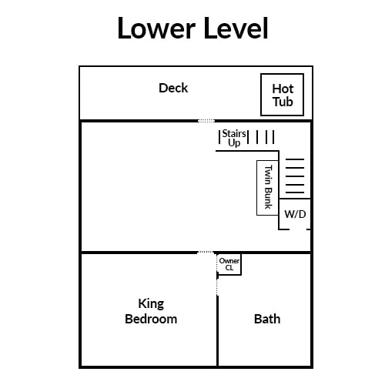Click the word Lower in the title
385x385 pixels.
tap(156, 28)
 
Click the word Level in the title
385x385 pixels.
tap(236, 28)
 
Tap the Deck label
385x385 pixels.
tap(173, 88)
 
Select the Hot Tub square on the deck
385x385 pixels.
tap(282, 95)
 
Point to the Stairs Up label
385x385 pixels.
tap(234, 138)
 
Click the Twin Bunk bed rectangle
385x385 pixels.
tap(267, 188)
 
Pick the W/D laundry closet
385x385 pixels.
tap(295, 214)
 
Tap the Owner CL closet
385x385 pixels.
tap(229, 264)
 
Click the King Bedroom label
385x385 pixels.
tap(151, 311)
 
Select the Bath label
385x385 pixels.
tap(267, 319)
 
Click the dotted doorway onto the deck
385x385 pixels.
tap(206, 121)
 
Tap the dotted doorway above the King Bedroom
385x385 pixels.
tap(206, 253)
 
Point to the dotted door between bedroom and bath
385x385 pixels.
tap(217, 286)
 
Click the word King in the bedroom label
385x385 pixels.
tap(151, 304)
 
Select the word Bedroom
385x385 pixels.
tap(151, 319)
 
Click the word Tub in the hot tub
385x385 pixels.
tap(283, 102)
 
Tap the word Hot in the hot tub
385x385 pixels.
tap(283, 89)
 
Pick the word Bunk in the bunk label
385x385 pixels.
tap(268, 199)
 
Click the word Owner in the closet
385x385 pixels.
tap(229, 261)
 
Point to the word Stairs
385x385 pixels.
tap(234, 133)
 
